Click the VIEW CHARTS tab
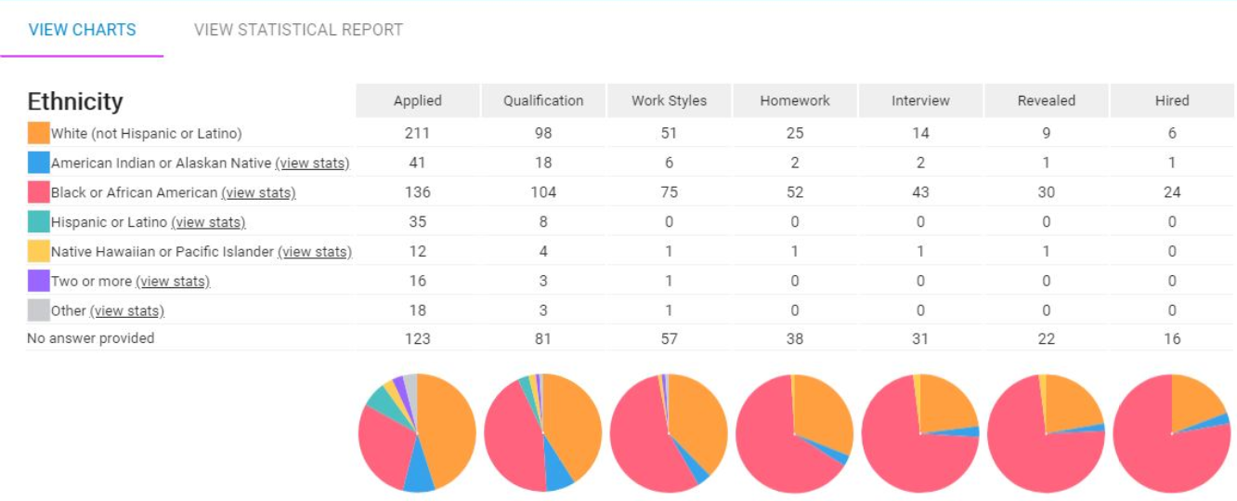(82, 30)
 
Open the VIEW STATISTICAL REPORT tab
(298, 30)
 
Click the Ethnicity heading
(75, 101)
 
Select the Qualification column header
(543, 100)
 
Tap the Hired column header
(1172, 100)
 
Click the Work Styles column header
(669, 100)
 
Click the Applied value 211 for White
(417, 133)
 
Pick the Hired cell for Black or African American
(1172, 192)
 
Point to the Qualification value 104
(543, 192)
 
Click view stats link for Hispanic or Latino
(208, 222)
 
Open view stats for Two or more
(173, 282)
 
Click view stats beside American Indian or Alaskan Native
(312, 164)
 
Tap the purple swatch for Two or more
(38, 281)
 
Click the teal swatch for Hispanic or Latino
(38, 222)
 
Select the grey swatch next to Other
(38, 310)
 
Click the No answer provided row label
(90, 338)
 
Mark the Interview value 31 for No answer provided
(919, 339)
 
